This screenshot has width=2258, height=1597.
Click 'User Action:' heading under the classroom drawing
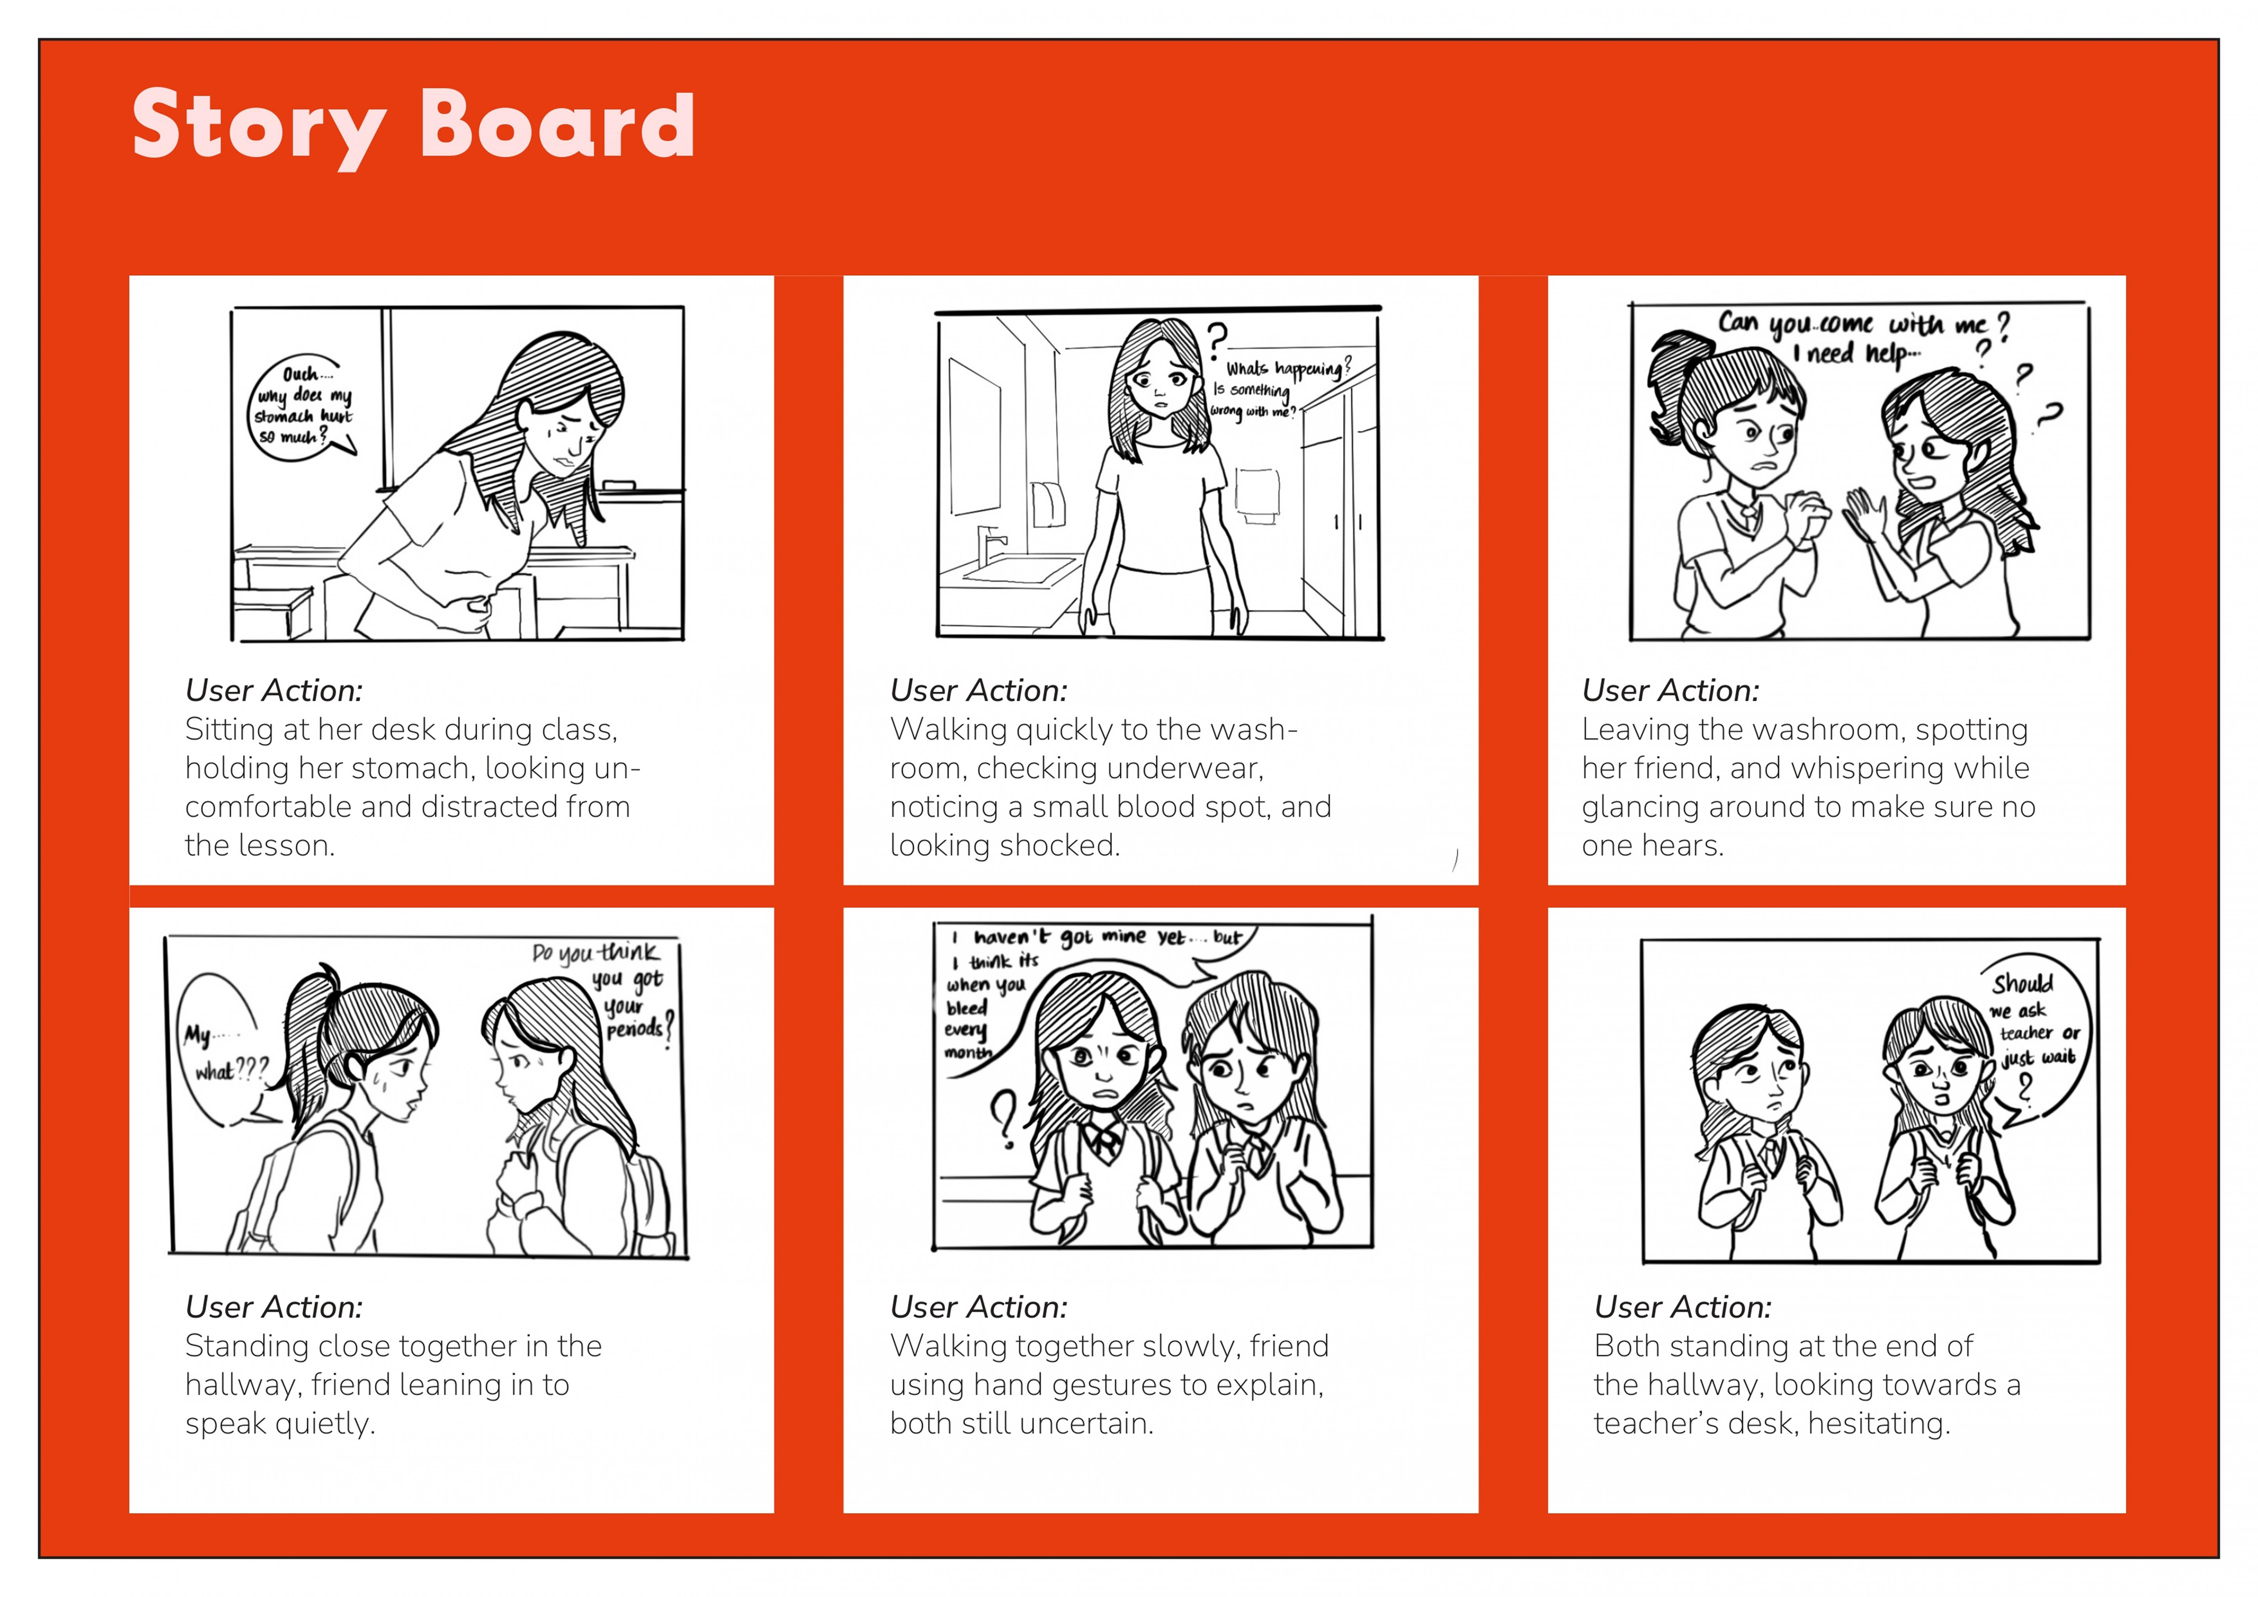[273, 690]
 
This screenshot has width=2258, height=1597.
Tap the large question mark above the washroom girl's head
[1218, 339]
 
